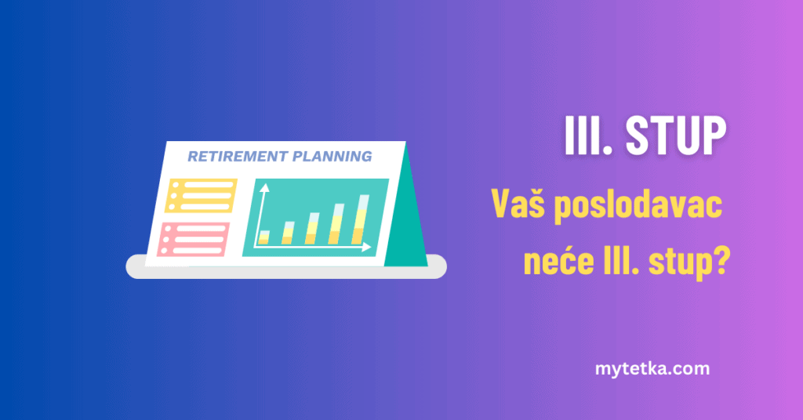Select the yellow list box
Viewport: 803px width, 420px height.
[201, 195]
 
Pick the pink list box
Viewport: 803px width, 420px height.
[194, 240]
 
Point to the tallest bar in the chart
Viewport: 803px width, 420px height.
[361, 219]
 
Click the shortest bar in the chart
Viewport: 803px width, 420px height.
[264, 237]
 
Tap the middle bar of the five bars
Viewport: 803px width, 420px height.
[312, 229]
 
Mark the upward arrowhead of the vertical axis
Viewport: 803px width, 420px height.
[264, 188]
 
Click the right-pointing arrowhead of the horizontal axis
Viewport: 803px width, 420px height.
[367, 247]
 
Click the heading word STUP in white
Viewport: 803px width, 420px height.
[675, 135]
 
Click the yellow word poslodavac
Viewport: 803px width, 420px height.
[638, 205]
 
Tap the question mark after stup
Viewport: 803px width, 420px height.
[721, 261]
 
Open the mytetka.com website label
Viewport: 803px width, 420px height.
[652, 369]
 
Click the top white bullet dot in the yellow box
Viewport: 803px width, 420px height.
[176, 185]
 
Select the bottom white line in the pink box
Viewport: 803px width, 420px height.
[198, 251]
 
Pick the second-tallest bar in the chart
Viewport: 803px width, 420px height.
[338, 224]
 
